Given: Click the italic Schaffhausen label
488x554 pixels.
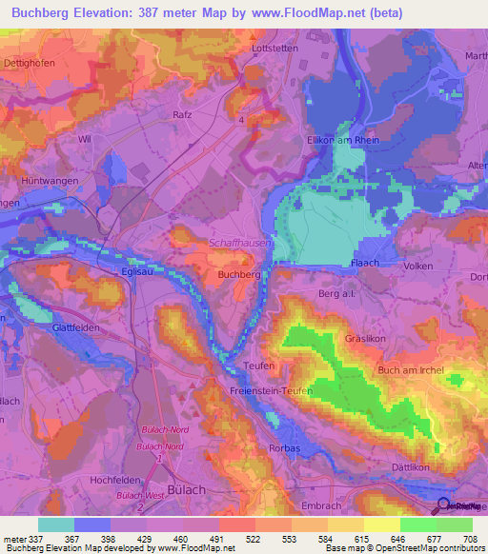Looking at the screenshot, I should (x=238, y=244).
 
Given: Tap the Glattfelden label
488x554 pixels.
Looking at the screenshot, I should (x=51, y=325).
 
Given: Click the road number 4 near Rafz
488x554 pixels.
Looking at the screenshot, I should (x=241, y=120).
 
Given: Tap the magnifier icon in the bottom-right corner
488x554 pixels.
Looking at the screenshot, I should (x=443, y=506).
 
